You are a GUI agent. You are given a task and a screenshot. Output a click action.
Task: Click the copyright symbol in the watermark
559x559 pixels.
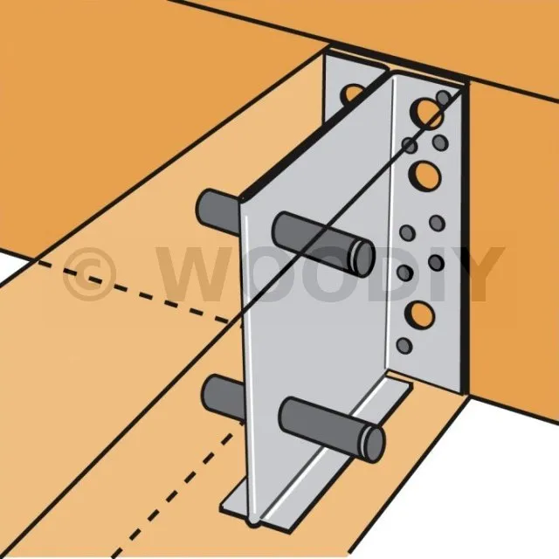point(89,274)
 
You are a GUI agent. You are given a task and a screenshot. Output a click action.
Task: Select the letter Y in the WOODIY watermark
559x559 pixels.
point(480,273)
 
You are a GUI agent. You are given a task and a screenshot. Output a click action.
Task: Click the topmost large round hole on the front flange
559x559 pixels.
point(426,114)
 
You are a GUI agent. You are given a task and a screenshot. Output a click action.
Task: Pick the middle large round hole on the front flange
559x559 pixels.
point(424,176)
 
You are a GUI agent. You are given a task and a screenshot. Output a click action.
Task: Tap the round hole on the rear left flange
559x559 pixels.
point(351,94)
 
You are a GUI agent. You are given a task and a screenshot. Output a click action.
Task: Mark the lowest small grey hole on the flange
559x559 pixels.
point(404,346)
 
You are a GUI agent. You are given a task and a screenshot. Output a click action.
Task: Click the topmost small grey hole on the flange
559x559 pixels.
point(444,98)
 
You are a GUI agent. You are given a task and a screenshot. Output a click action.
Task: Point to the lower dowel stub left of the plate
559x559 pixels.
point(224,397)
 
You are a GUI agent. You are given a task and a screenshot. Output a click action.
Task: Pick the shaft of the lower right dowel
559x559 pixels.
point(321,426)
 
